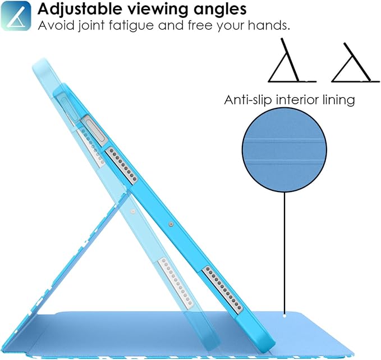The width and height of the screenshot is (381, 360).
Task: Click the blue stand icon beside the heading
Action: point(16,16)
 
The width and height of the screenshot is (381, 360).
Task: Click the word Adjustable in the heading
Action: point(80,9)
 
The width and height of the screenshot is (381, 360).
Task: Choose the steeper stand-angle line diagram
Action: point(292,60)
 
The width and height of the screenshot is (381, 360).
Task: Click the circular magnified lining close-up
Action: point(284,150)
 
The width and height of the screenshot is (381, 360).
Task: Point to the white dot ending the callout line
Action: point(284,316)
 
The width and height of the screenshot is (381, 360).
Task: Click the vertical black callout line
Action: point(284,253)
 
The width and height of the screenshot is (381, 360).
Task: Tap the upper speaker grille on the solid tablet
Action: point(122,165)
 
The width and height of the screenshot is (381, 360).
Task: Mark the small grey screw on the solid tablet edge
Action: point(171,224)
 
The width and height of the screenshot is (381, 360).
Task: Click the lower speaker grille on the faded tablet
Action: point(176,281)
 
